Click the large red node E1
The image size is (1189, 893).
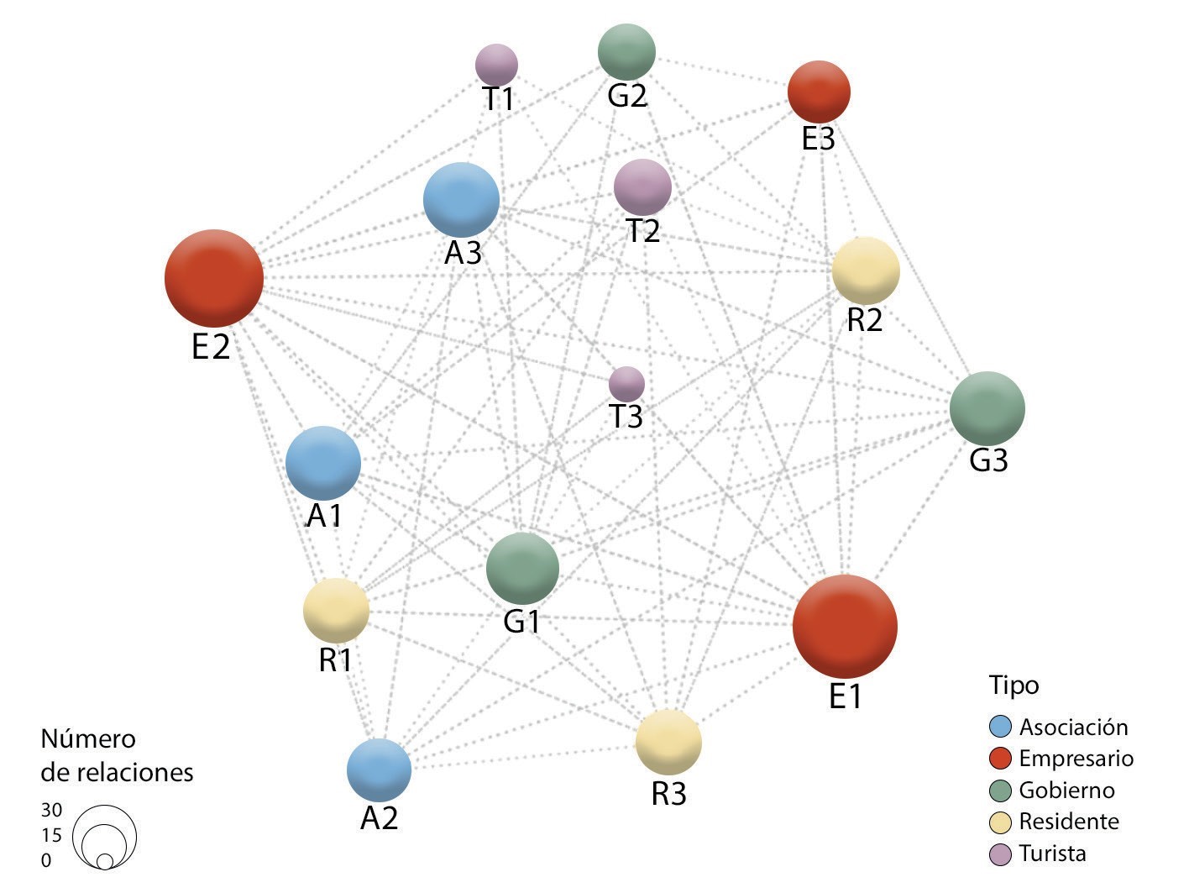(x=845, y=626)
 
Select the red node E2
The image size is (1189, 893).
(x=214, y=278)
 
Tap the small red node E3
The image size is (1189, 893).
(x=819, y=92)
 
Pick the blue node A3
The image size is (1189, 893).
(x=461, y=200)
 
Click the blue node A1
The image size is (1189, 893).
(x=323, y=463)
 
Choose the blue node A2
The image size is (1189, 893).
(x=379, y=770)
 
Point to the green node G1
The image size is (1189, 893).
(x=522, y=568)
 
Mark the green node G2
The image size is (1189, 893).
(x=626, y=52)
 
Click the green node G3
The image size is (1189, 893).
(x=987, y=408)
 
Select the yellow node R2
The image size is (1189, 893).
(x=866, y=271)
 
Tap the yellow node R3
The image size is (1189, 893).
(x=668, y=742)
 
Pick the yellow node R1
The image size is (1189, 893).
(x=336, y=611)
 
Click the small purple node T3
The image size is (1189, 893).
(x=626, y=384)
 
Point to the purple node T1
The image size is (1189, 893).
(x=496, y=64)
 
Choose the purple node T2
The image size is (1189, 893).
(x=642, y=186)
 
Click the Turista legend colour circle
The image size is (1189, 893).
(x=1000, y=854)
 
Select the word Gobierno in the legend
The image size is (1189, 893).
(x=1066, y=791)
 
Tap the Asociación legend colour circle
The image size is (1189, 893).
(x=1000, y=727)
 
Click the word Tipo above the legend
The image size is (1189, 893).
(x=1014, y=685)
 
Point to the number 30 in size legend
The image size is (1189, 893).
(x=51, y=810)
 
